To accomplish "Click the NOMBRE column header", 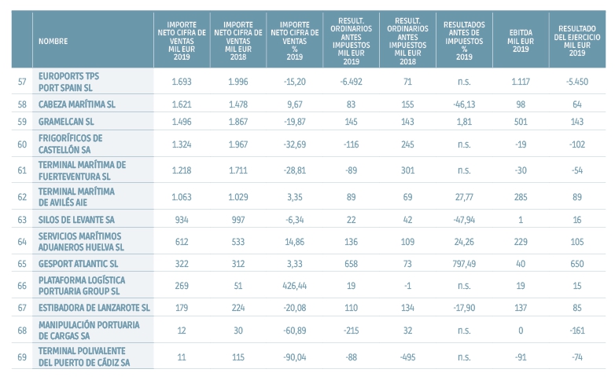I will [x=53, y=40].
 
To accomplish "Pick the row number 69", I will [x=21, y=356].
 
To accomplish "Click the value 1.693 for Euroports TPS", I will [x=182, y=80].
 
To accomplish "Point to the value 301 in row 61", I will [x=407, y=168].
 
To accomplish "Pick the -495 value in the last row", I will [x=407, y=356].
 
